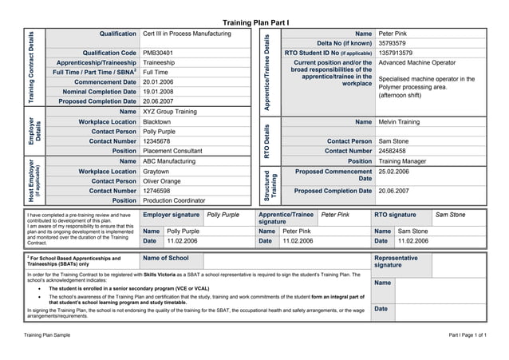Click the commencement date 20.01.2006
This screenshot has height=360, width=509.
coord(160,81)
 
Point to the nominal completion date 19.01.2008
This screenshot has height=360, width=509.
coord(160,92)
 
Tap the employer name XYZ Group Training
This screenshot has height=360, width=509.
coord(171,112)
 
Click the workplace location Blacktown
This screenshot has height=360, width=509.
coord(158,121)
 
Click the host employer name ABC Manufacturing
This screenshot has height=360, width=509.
coord(169,161)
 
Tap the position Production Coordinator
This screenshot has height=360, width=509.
coord(174,200)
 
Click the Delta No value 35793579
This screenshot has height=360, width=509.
coord(393,43)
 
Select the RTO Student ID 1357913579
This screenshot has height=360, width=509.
coord(396,53)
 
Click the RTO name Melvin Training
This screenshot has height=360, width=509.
coord(399,121)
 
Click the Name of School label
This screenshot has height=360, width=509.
coord(166,258)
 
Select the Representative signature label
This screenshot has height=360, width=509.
coord(396,262)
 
